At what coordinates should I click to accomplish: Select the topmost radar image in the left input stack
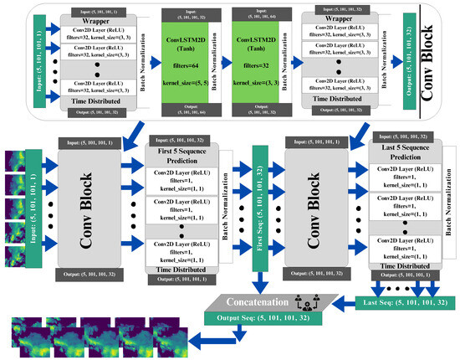click(x=18, y=159)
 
